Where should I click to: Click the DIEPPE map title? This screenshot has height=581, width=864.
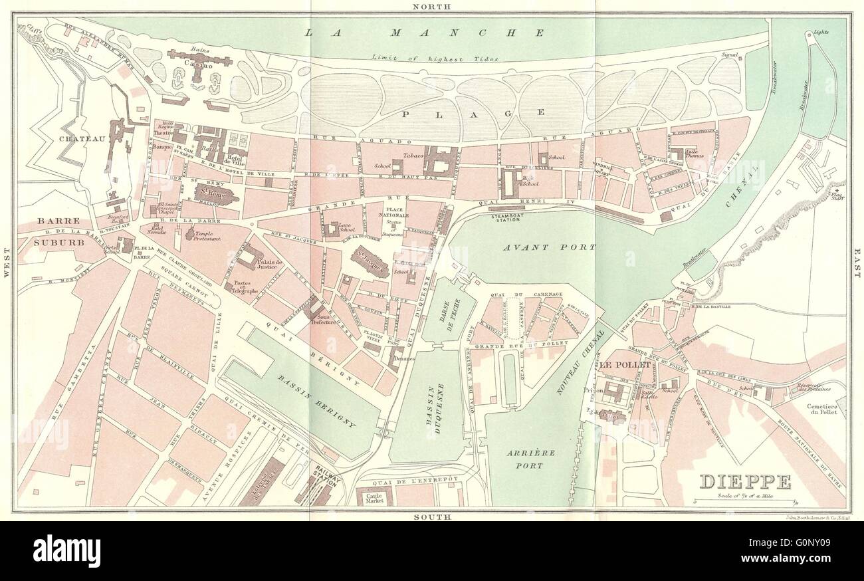click(744, 481)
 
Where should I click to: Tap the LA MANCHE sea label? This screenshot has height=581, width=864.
click(425, 32)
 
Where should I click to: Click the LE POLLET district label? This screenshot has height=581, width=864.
click(623, 365)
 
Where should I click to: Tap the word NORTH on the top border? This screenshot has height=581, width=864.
click(431, 6)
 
